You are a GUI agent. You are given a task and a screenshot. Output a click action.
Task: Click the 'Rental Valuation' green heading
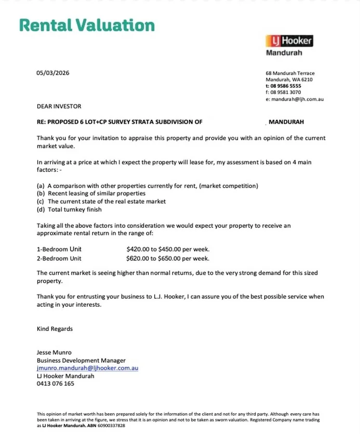(87, 25)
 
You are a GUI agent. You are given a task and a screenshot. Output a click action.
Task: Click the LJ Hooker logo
(289, 41)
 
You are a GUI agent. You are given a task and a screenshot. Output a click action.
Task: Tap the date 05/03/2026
(53, 73)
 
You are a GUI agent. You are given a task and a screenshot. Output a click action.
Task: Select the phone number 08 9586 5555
(286, 86)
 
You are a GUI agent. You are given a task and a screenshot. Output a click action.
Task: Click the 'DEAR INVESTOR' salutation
(59, 106)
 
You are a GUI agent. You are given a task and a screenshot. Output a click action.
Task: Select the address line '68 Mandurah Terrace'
(290, 73)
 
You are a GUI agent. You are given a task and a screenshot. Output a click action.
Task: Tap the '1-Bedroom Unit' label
(59, 249)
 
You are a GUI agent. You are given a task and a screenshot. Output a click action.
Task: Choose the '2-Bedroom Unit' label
(59, 258)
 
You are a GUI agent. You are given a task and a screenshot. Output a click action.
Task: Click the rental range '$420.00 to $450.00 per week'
(168, 249)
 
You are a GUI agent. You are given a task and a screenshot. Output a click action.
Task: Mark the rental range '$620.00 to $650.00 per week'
(168, 258)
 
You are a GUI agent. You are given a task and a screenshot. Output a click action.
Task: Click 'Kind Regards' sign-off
(55, 329)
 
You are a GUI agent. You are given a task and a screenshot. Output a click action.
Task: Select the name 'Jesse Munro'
(54, 353)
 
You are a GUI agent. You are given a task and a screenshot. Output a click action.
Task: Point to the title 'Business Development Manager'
(81, 360)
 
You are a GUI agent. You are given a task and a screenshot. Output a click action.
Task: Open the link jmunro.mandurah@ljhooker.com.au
(88, 368)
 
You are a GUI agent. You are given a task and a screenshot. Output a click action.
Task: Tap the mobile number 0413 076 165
(55, 384)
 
